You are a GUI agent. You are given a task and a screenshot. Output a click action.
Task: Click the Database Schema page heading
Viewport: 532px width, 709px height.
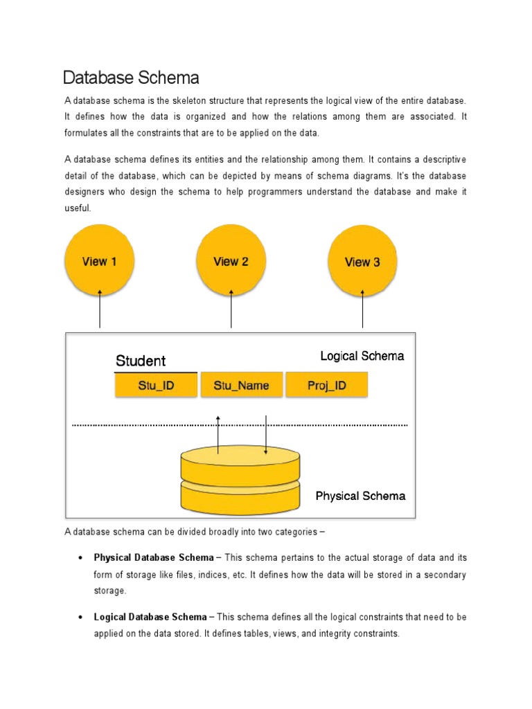131,77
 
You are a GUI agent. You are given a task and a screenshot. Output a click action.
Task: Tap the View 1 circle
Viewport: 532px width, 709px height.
100,261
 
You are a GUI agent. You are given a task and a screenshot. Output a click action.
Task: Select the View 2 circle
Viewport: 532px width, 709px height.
231,261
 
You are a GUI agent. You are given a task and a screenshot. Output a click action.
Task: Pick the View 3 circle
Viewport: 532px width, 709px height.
362,262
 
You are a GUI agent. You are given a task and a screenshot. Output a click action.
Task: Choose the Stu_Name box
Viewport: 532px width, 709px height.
242,385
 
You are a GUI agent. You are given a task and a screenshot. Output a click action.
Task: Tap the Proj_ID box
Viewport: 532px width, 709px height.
326,385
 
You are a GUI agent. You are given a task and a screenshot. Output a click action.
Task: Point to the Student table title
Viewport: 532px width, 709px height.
141,361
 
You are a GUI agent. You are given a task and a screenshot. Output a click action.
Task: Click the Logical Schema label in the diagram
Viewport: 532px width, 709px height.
362,356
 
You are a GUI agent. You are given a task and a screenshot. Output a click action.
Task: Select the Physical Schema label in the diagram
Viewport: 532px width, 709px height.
360,496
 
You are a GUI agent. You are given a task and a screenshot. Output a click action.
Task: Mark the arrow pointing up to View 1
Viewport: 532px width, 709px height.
100,309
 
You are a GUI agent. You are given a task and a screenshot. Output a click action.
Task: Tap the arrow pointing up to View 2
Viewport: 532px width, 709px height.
231,309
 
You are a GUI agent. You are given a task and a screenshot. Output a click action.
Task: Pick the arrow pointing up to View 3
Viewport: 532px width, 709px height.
363,309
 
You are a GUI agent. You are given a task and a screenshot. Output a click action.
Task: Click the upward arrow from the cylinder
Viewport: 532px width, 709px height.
218,434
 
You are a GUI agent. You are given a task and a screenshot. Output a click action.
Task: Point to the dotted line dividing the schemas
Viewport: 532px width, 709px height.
240,424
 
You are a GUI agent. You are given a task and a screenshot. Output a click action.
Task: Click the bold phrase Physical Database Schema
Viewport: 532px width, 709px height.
154,557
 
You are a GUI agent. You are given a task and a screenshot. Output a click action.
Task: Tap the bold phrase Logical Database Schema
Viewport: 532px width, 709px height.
150,616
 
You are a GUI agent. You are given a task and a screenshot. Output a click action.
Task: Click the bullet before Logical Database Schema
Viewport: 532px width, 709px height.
81,616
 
